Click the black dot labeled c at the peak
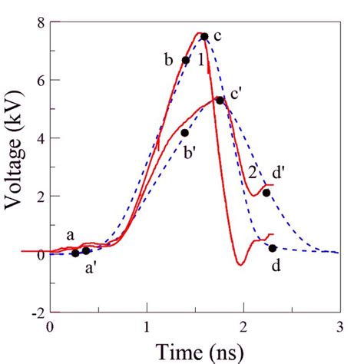point(204,36)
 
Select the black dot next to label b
point(186,60)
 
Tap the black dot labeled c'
point(220,101)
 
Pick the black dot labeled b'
point(185,133)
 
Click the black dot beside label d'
point(266,193)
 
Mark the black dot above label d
point(273,248)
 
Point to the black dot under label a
point(75,253)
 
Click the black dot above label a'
point(86,251)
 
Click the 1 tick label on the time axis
point(147,326)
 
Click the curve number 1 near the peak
point(200,59)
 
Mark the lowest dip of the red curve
point(240,265)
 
